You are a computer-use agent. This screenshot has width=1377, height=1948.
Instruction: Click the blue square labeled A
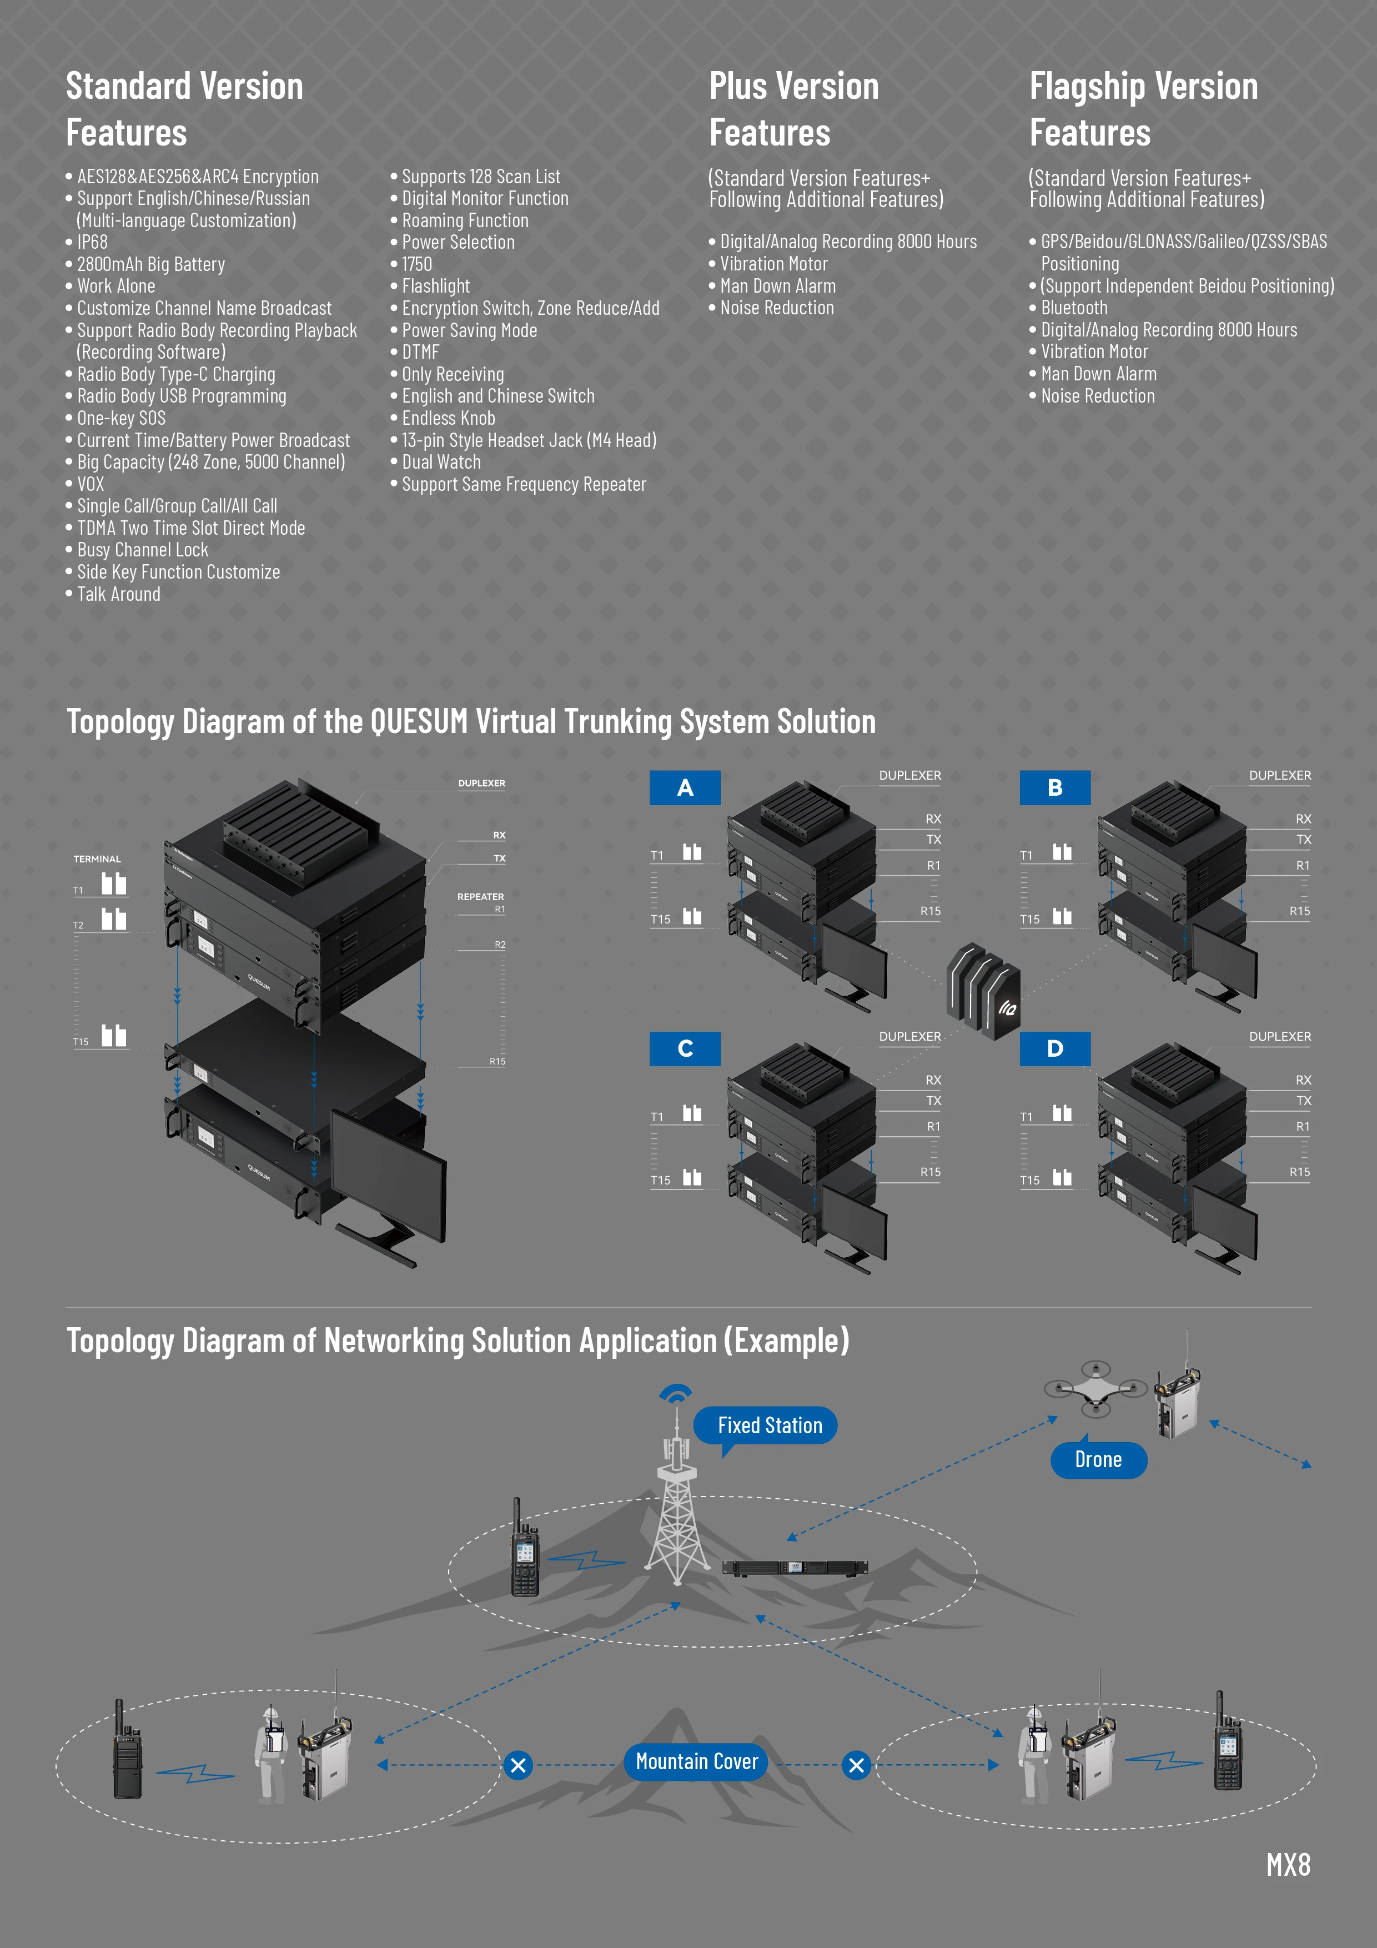pos(685,787)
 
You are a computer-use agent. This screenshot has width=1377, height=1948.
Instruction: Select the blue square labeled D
pos(1054,1048)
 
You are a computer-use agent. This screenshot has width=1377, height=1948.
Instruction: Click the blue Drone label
pos(1098,1459)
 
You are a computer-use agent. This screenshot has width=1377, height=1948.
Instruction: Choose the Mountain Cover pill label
pos(697,1762)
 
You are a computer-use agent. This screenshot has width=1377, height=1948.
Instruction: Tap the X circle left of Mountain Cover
pos(517,1766)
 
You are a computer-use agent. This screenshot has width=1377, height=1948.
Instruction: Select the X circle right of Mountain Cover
pos(856,1766)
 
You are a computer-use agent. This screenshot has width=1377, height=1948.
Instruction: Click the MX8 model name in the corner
pos(1288,1865)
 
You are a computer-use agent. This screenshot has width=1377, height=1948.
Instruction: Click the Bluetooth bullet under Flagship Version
pos(1073,308)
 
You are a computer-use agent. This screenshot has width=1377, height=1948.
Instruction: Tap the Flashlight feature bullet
pos(435,286)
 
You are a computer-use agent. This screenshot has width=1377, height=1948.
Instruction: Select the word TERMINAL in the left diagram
pos(97,858)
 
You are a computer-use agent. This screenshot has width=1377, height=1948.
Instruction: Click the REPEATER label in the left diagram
pos(480,897)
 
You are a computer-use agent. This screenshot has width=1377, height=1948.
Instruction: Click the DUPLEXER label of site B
pos(1279,775)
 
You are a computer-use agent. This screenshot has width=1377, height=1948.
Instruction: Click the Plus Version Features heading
pos(793,109)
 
